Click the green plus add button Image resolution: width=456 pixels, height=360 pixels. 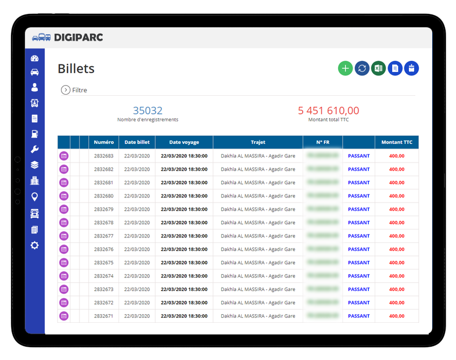[x=345, y=69]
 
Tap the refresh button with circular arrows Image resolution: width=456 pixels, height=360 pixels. [x=362, y=69]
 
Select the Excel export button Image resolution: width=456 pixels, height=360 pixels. [x=378, y=69]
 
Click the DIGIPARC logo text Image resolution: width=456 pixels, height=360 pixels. [x=78, y=38]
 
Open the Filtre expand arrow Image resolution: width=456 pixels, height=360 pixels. [x=66, y=90]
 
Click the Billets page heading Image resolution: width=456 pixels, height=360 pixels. [x=76, y=69]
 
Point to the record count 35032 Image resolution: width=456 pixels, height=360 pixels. [x=148, y=110]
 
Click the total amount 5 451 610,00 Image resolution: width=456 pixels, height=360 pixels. [x=329, y=110]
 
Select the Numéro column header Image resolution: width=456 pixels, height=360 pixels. [x=103, y=142]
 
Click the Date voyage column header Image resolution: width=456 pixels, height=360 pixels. [x=184, y=142]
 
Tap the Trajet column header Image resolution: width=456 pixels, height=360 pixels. [x=258, y=142]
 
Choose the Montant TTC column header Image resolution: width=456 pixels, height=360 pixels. [x=397, y=142]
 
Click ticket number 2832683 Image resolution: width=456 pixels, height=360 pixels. [x=103, y=156]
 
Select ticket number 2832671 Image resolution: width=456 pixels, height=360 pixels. [x=103, y=316]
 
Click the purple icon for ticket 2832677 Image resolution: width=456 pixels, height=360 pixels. [x=64, y=236]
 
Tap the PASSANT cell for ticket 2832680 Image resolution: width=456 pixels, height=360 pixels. [x=358, y=196]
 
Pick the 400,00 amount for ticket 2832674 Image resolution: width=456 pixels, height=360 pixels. [x=397, y=276]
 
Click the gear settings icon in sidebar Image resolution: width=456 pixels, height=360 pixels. [x=35, y=246]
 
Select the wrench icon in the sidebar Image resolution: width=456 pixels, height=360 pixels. [x=35, y=149]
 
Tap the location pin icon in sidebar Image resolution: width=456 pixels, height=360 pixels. [x=35, y=197]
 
